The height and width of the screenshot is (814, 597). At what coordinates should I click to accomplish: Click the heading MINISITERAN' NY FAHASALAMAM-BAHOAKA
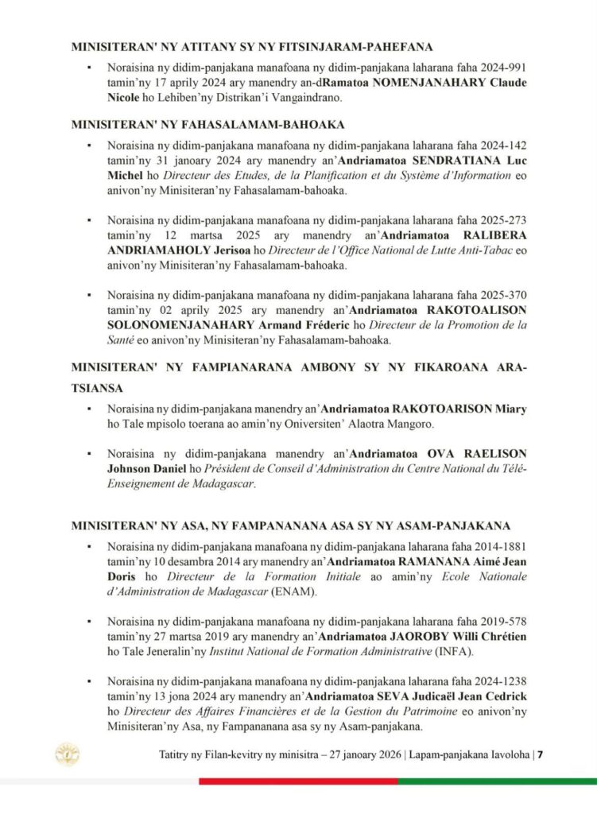[x=196, y=125]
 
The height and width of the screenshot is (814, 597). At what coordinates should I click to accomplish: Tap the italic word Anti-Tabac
[x=452, y=250]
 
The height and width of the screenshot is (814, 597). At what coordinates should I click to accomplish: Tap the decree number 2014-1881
[x=500, y=545]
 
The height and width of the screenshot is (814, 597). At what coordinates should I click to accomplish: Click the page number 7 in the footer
[x=540, y=754]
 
